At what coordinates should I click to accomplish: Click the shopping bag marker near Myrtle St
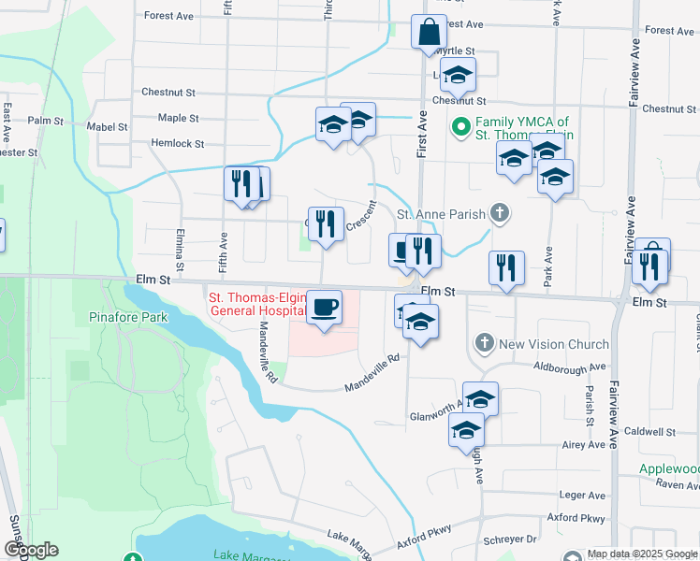click(428, 33)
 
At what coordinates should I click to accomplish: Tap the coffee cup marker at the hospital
click(325, 307)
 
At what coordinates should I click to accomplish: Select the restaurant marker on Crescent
click(325, 223)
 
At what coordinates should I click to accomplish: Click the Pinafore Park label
click(128, 317)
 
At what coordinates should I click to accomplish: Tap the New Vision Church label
click(554, 344)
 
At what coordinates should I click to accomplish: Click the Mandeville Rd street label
click(372, 372)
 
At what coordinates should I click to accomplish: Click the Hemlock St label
click(178, 143)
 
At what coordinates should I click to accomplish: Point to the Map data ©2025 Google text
click(642, 554)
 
